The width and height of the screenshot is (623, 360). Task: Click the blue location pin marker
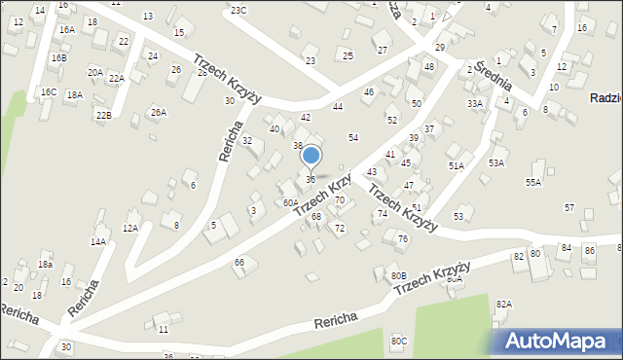coord(311,156)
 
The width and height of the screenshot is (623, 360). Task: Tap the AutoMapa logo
coord(559,341)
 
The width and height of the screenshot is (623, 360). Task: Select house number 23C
coord(238,10)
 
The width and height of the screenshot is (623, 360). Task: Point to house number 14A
coord(98,241)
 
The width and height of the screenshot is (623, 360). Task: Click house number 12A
coord(129,228)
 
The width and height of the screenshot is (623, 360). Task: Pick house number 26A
coord(158,113)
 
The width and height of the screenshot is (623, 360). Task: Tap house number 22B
coord(103,116)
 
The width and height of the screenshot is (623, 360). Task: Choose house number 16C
coord(48,91)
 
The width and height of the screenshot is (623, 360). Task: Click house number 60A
coord(290,202)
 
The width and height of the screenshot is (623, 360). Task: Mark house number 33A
coord(474,103)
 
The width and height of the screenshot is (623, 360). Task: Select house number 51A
coord(456,166)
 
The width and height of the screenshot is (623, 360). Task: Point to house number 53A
coord(496,162)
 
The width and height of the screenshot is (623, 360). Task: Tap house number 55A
coord(532,182)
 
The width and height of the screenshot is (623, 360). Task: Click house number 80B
coord(398,275)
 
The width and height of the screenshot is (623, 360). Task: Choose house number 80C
coord(399,341)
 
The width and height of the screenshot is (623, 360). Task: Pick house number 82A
coord(503,304)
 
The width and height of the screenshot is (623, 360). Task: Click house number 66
coord(238,263)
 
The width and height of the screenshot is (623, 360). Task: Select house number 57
coord(569,208)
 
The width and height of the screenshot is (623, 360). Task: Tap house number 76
coord(402,239)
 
